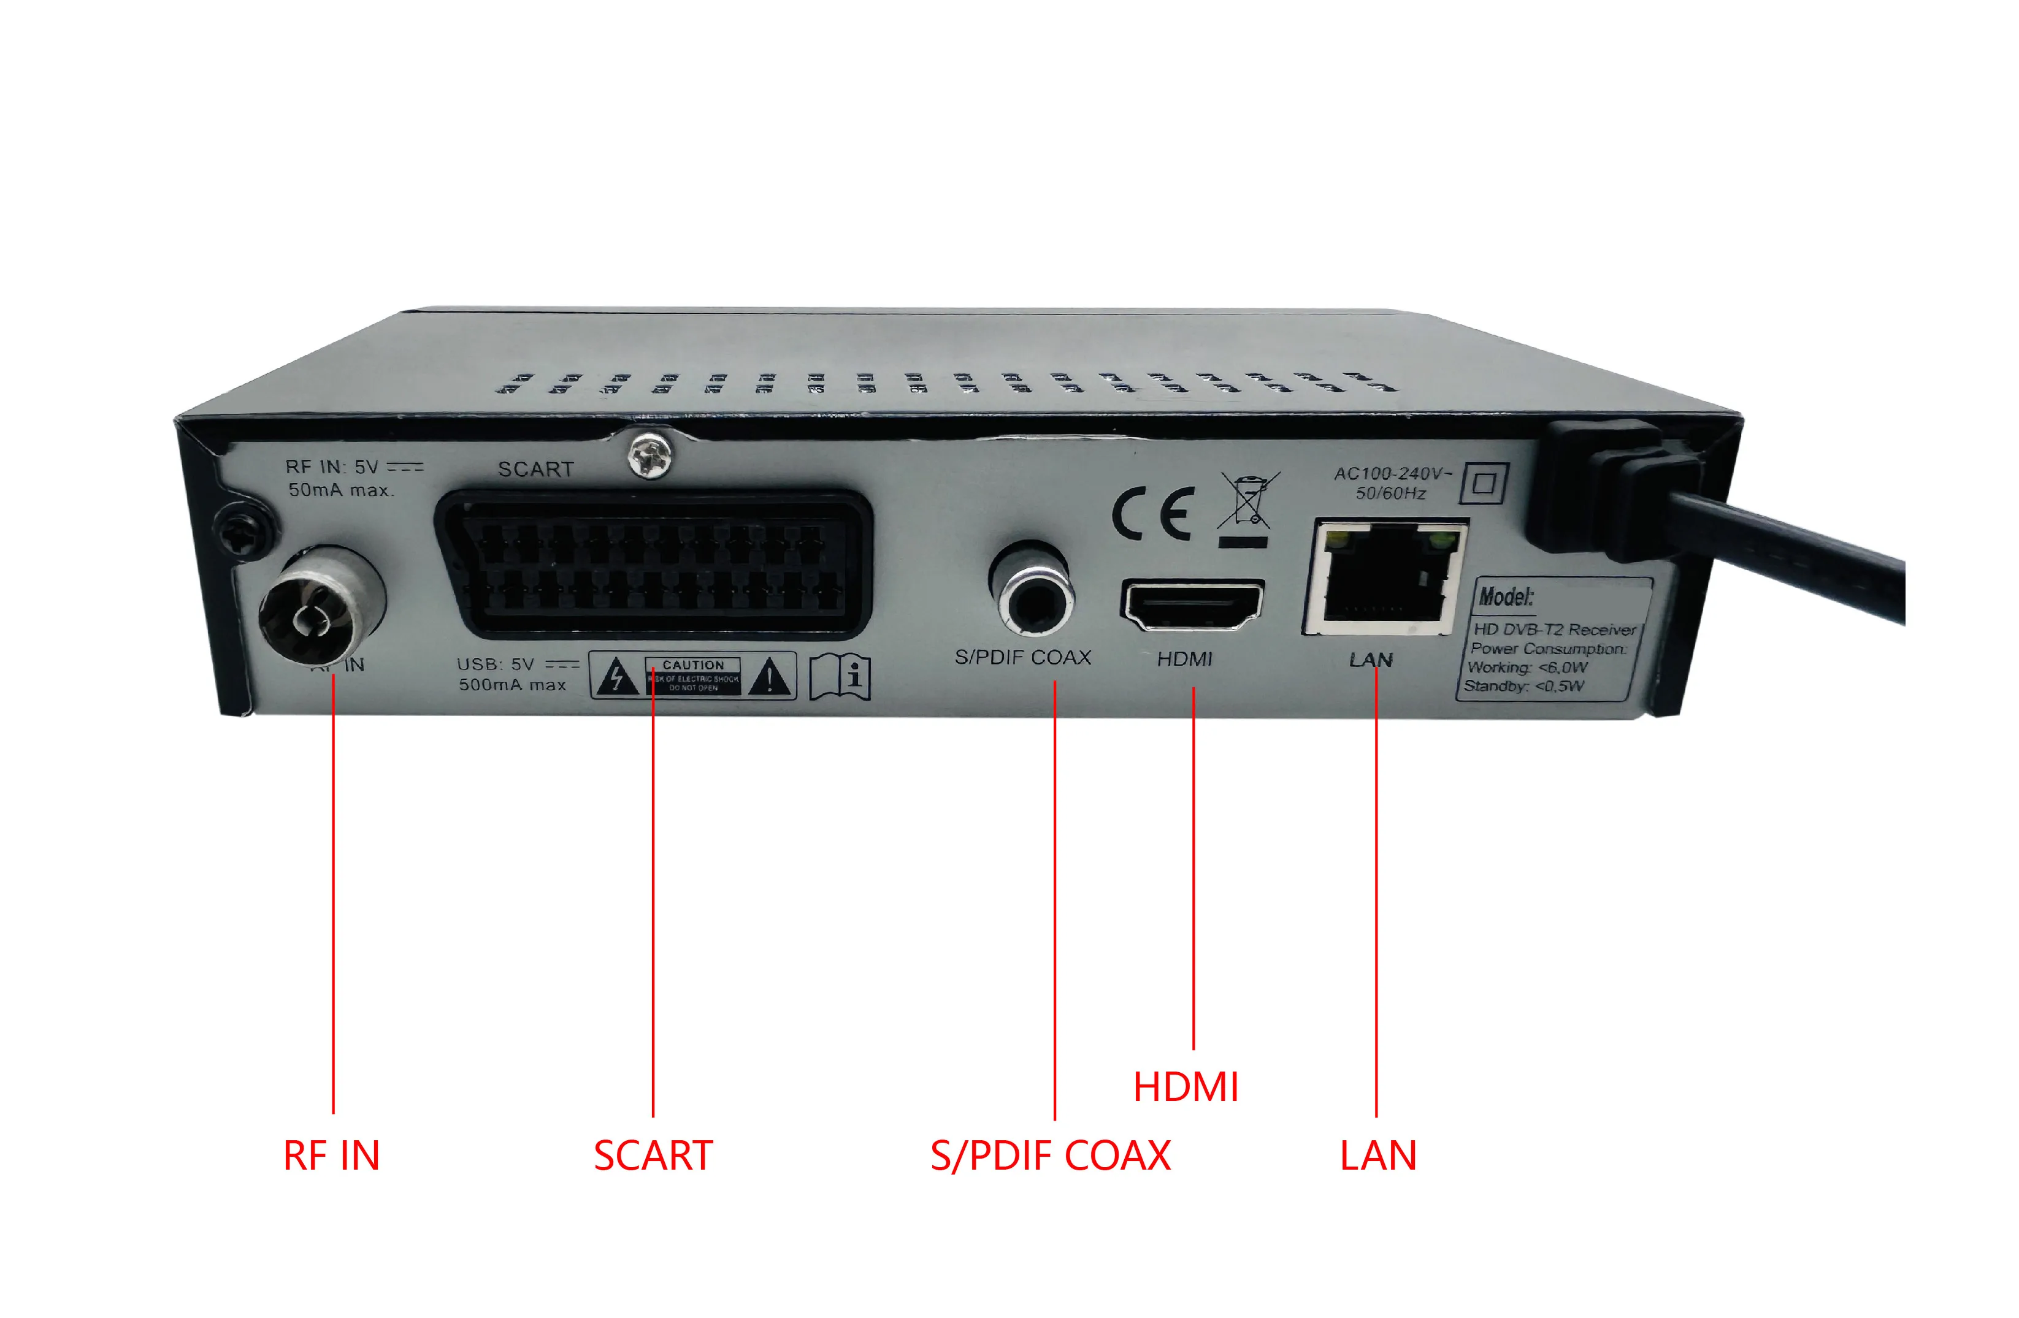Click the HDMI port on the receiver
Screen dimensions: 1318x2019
coord(1192,604)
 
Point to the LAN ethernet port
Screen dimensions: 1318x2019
coord(1384,579)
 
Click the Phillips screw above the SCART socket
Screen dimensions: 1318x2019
coord(651,457)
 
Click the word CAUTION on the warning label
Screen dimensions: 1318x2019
coord(693,665)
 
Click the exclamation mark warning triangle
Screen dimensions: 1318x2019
coord(770,677)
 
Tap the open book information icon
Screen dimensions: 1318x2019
coord(840,677)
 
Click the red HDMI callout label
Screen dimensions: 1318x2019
coord(1186,1088)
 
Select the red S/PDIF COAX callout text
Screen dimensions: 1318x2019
coord(1050,1155)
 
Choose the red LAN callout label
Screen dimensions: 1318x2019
coord(1377,1155)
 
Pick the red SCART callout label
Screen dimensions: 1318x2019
coord(653,1155)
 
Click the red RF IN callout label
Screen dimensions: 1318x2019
coord(331,1155)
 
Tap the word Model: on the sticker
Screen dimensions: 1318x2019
coord(1506,596)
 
